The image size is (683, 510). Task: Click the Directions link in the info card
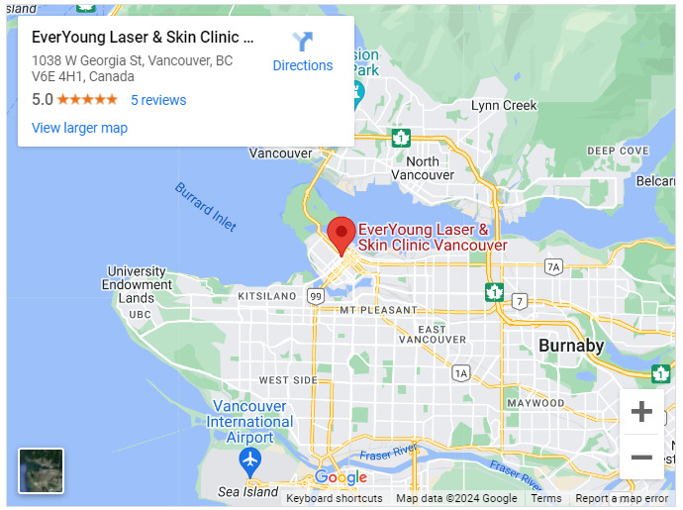tap(303, 65)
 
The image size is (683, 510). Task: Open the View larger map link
tap(79, 128)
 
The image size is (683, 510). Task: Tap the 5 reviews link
tap(158, 100)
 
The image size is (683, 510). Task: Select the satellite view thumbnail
tap(42, 470)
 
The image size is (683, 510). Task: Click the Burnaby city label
tap(571, 346)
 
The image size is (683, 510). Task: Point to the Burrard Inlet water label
tap(206, 206)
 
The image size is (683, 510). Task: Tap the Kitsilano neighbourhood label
tap(267, 296)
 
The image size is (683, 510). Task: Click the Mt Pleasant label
tap(378, 310)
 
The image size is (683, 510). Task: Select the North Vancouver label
tap(423, 168)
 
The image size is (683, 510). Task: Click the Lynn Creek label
tap(504, 106)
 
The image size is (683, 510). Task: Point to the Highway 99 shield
tap(315, 296)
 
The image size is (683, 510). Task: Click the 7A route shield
tap(553, 266)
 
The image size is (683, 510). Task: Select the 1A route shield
tap(460, 372)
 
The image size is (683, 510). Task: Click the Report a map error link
tap(622, 498)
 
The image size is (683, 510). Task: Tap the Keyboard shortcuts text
tap(334, 498)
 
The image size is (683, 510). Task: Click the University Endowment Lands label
tap(137, 284)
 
